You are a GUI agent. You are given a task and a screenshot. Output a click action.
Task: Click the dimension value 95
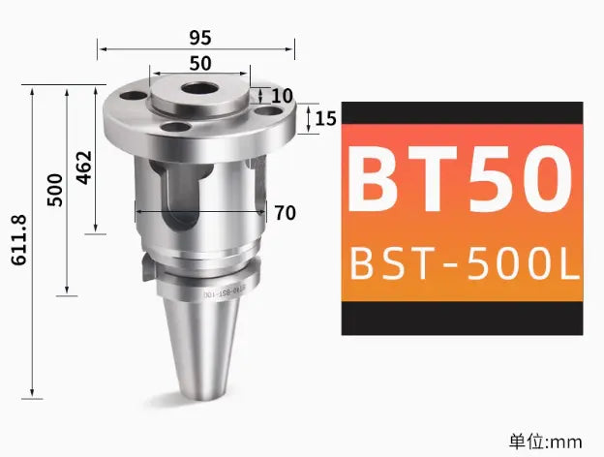pos(199,38)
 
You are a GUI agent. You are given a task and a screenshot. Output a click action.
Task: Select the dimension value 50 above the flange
pos(200,64)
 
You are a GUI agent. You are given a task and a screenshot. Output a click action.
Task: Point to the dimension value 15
pos(325,119)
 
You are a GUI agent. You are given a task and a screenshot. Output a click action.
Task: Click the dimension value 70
pos(285,213)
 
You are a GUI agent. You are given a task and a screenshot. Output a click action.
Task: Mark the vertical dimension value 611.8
pos(21,243)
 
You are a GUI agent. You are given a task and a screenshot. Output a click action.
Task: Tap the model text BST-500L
pos(462,262)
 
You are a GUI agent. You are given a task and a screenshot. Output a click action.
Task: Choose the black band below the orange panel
pos(462,318)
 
